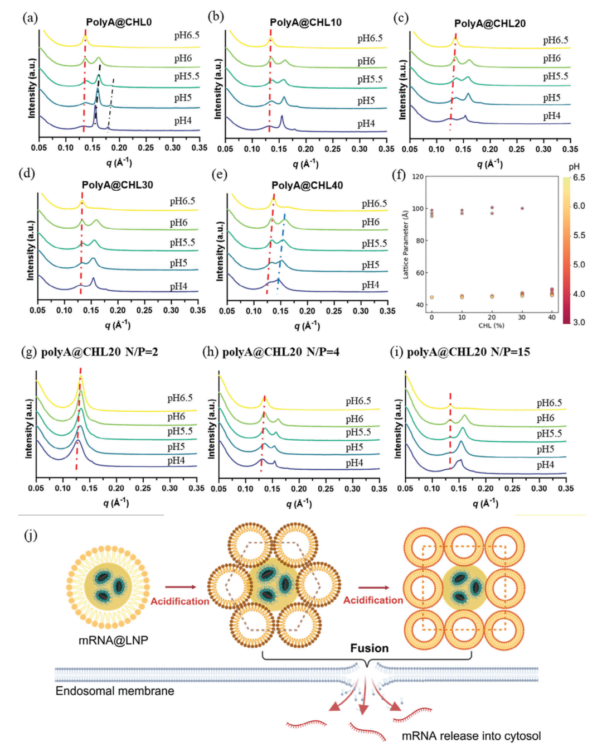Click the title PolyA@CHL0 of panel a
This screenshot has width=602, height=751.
coord(119,22)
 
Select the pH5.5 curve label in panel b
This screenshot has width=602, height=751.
coord(370,79)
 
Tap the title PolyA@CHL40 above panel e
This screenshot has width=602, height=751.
coord(307,185)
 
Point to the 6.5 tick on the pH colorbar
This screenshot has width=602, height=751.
coord(579,177)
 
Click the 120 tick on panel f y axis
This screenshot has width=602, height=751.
coord(417,177)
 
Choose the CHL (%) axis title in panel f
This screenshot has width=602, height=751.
coord(491,325)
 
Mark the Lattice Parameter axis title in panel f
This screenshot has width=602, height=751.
coord(406,244)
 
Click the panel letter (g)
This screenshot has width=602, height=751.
coord(28,352)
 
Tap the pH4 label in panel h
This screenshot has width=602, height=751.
coord(354,463)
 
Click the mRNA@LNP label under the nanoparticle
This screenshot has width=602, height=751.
coord(113,640)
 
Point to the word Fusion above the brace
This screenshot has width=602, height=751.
coord(369,648)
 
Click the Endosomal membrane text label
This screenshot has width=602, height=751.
coord(115,691)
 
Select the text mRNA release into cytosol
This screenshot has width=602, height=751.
coord(471,736)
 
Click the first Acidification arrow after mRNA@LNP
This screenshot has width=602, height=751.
coord(181,587)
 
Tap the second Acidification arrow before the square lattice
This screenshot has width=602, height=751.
coord(373,588)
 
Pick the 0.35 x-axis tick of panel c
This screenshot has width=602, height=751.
coord(570,149)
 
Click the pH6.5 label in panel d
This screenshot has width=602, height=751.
coord(182,201)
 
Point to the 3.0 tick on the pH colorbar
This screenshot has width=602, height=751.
coord(579,322)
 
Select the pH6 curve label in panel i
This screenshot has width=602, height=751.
coord(545,418)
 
